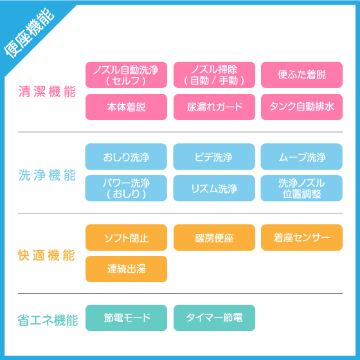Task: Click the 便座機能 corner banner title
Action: click(x=29, y=33)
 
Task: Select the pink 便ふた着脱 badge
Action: click(x=301, y=75)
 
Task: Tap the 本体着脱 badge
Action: click(x=126, y=107)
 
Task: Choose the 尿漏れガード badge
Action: click(x=214, y=107)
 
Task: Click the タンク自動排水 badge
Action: click(x=301, y=107)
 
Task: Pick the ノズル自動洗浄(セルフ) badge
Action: click(x=126, y=75)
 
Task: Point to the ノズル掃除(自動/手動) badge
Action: click(x=214, y=75)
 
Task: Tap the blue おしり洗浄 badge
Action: click(x=126, y=157)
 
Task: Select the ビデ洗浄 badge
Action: click(x=214, y=157)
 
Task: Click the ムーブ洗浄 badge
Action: click(x=301, y=157)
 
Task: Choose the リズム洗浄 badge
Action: click(x=214, y=188)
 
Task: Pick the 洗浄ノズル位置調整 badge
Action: click(x=301, y=188)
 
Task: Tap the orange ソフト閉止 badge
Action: click(x=126, y=237)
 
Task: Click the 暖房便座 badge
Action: click(x=214, y=237)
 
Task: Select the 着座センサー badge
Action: click(x=301, y=237)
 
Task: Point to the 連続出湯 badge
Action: click(x=126, y=269)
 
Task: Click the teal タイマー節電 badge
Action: click(x=214, y=318)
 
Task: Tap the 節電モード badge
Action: click(x=126, y=318)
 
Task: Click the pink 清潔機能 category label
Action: click(x=47, y=91)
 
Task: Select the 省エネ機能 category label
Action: click(x=48, y=320)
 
